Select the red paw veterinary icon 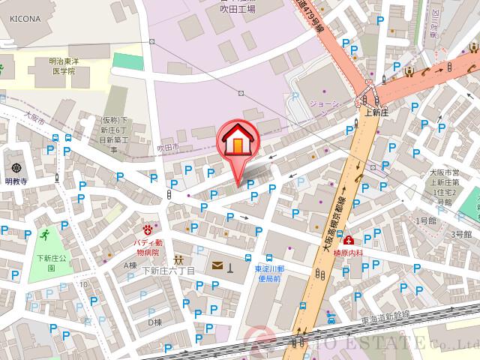(148, 227)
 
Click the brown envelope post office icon (217, 265)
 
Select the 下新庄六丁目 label (168, 270)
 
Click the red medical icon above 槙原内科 (349, 240)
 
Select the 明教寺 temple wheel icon (16, 168)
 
